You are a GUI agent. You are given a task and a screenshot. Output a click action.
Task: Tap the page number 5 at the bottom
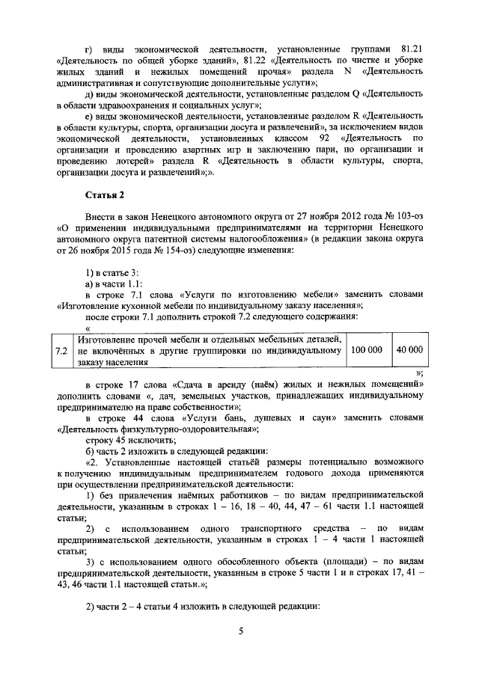pos(241,632)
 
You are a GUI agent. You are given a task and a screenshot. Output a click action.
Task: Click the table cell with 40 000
pos(409,350)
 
